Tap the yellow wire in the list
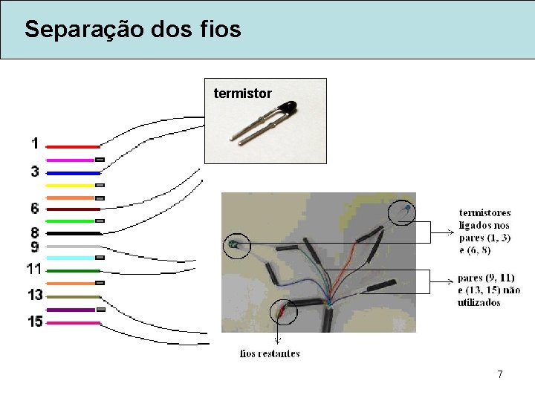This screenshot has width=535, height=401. [71, 185]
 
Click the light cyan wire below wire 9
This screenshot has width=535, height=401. [71, 258]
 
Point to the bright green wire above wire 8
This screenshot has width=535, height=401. [70, 221]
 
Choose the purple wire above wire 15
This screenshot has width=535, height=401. [71, 310]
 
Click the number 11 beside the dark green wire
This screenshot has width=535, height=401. [34, 268]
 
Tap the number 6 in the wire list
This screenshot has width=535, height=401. [35, 209]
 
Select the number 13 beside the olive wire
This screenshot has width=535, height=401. [35, 295]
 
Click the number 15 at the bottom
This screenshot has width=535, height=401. [35, 322]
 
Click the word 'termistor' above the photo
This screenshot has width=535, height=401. [242, 94]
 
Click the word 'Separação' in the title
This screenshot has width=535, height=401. [73, 30]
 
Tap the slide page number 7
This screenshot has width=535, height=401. [500, 375]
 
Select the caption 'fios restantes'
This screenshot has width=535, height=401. [270, 353]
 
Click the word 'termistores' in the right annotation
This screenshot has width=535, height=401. [484, 212]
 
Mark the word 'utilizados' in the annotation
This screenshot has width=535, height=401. [479, 302]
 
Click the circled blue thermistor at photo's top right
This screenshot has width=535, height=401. [403, 214]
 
